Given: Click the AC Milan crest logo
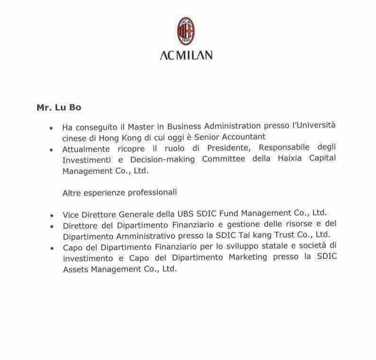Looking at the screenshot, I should coord(186,32).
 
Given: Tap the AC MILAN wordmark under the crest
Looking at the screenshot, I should coord(186,55).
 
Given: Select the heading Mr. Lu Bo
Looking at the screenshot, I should coord(59,108).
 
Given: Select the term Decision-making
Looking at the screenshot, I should coord(162,160).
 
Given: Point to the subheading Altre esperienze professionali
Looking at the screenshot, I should coord(119,192).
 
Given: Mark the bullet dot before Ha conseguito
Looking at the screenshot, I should coord(51,128).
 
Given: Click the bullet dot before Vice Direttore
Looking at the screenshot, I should coord(51,215).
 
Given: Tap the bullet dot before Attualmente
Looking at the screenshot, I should coord(51,150).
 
